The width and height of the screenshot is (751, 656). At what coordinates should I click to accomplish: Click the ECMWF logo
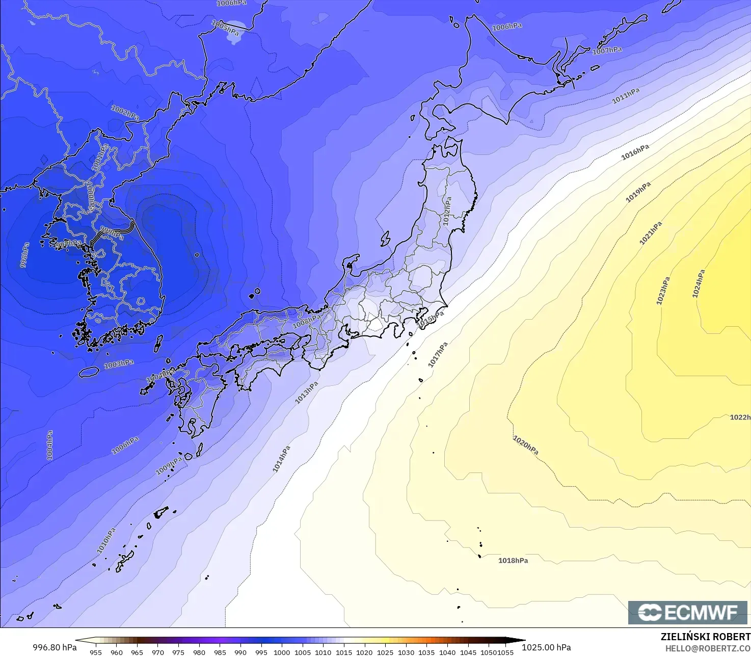(687, 612)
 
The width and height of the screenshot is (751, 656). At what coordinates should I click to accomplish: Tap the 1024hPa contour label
(699, 284)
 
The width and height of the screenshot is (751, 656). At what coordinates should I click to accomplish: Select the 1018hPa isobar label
(513, 561)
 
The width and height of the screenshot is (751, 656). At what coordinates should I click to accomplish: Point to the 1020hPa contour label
(525, 445)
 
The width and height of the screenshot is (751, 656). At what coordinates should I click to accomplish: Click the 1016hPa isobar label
(635, 152)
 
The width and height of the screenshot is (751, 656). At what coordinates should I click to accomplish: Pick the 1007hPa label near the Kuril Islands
(607, 50)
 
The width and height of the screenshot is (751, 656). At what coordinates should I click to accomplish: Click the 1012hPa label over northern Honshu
(447, 211)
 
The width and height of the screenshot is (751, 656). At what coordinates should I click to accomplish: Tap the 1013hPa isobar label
(307, 392)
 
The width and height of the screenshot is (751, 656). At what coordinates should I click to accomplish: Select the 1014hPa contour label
(281, 459)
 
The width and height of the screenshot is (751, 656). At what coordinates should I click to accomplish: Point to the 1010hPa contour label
(106, 541)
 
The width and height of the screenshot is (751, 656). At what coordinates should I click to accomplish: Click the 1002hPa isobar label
(125, 112)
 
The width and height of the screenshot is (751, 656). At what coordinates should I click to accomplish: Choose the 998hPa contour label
(24, 255)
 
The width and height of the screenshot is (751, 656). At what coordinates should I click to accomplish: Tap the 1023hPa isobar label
(663, 291)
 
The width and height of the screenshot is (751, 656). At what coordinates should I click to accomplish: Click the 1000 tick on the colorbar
(282, 652)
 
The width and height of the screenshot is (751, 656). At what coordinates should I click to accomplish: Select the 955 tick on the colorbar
(96, 652)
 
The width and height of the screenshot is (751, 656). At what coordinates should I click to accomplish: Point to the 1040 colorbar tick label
(447, 652)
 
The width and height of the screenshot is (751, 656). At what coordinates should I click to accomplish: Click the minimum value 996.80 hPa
(55, 647)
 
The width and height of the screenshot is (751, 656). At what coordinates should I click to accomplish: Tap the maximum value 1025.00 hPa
(546, 647)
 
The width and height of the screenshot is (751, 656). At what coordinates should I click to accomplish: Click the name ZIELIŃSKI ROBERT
(705, 637)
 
